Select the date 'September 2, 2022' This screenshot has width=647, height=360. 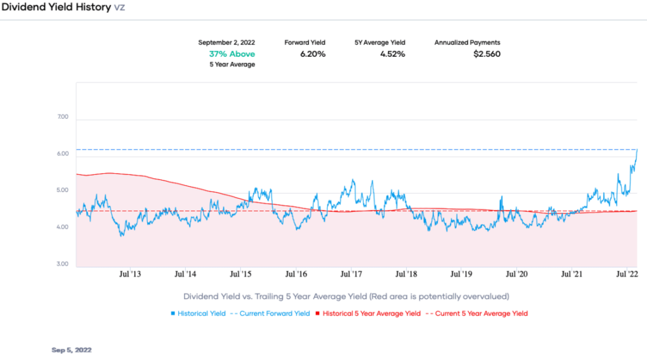227,42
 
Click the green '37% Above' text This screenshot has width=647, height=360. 232,54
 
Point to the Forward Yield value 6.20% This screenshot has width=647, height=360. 312,54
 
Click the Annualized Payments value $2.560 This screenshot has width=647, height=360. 487,54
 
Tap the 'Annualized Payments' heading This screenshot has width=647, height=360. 467,42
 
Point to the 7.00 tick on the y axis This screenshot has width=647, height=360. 62,118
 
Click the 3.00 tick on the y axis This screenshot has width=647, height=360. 62,264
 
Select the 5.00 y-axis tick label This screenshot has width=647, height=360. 62,191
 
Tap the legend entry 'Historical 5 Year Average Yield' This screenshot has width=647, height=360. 371,313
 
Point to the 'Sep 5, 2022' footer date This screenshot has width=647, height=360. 71,349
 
